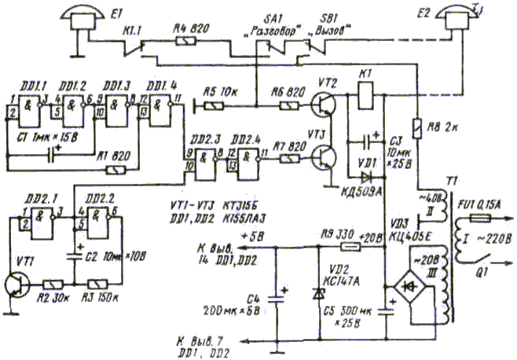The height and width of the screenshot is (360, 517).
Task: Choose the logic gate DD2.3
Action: [x=206, y=157]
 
